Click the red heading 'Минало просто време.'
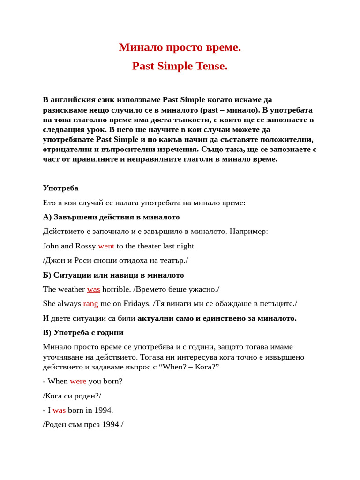pyautogui.click(x=180, y=47)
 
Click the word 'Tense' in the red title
pyautogui.click(x=210, y=66)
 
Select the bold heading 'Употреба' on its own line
pyautogui.click(x=60, y=188)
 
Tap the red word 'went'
pyautogui.click(x=106, y=246)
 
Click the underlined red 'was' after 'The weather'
pyautogui.click(x=93, y=289)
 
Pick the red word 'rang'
pyautogui.click(x=90, y=304)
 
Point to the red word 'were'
pyautogui.click(x=78, y=381)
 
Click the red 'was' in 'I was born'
pyautogui.click(x=59, y=410)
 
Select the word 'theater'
pyautogui.click(x=146, y=246)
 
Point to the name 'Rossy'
pyautogui.click(x=85, y=246)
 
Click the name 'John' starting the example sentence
pyautogui.click(x=51, y=246)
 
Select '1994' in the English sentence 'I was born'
pyautogui.click(x=103, y=410)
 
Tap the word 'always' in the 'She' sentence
pyautogui.click(x=68, y=304)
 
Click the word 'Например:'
pyautogui.click(x=249, y=232)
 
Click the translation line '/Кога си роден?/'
pyautogui.click(x=72, y=396)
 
